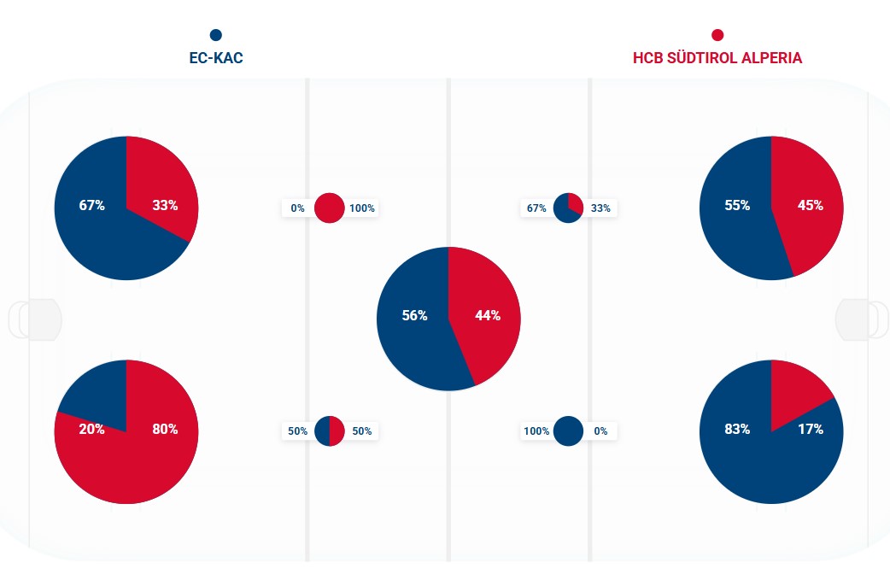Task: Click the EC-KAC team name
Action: (x=215, y=58)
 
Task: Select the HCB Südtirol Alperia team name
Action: (x=717, y=58)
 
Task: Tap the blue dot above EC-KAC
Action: (x=215, y=35)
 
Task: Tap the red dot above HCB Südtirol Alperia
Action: (x=717, y=35)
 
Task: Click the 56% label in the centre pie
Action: (x=414, y=315)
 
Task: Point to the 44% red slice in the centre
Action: (x=487, y=315)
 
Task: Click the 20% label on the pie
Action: (x=91, y=429)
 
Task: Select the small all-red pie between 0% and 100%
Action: (x=329, y=208)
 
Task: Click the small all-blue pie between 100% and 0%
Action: (x=568, y=430)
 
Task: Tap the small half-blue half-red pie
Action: (x=329, y=430)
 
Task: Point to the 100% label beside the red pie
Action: (x=362, y=208)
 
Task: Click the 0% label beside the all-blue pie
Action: (x=600, y=430)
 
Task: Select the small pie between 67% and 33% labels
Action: (x=568, y=208)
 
